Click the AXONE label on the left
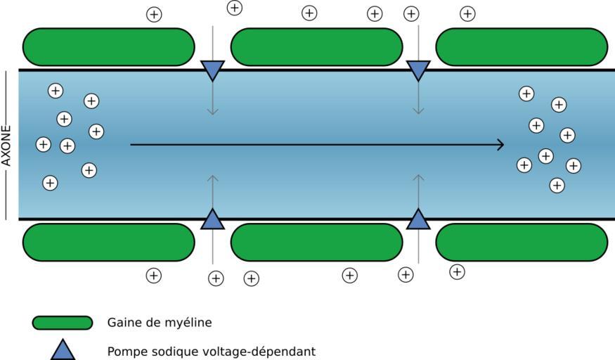pos(7,145)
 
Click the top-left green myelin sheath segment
pos(109,47)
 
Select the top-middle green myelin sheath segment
pos(316,47)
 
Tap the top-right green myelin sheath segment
pos(522,47)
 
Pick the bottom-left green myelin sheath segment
pos(109,243)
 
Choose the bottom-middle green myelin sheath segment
pos(316,243)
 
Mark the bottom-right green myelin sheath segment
pos(522,243)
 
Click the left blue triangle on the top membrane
pos(212,69)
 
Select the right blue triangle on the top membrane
pos(418,69)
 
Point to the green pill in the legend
pos(63,323)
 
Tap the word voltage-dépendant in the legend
pos(271,351)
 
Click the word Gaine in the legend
pos(123,323)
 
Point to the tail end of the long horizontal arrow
pos(132,145)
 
